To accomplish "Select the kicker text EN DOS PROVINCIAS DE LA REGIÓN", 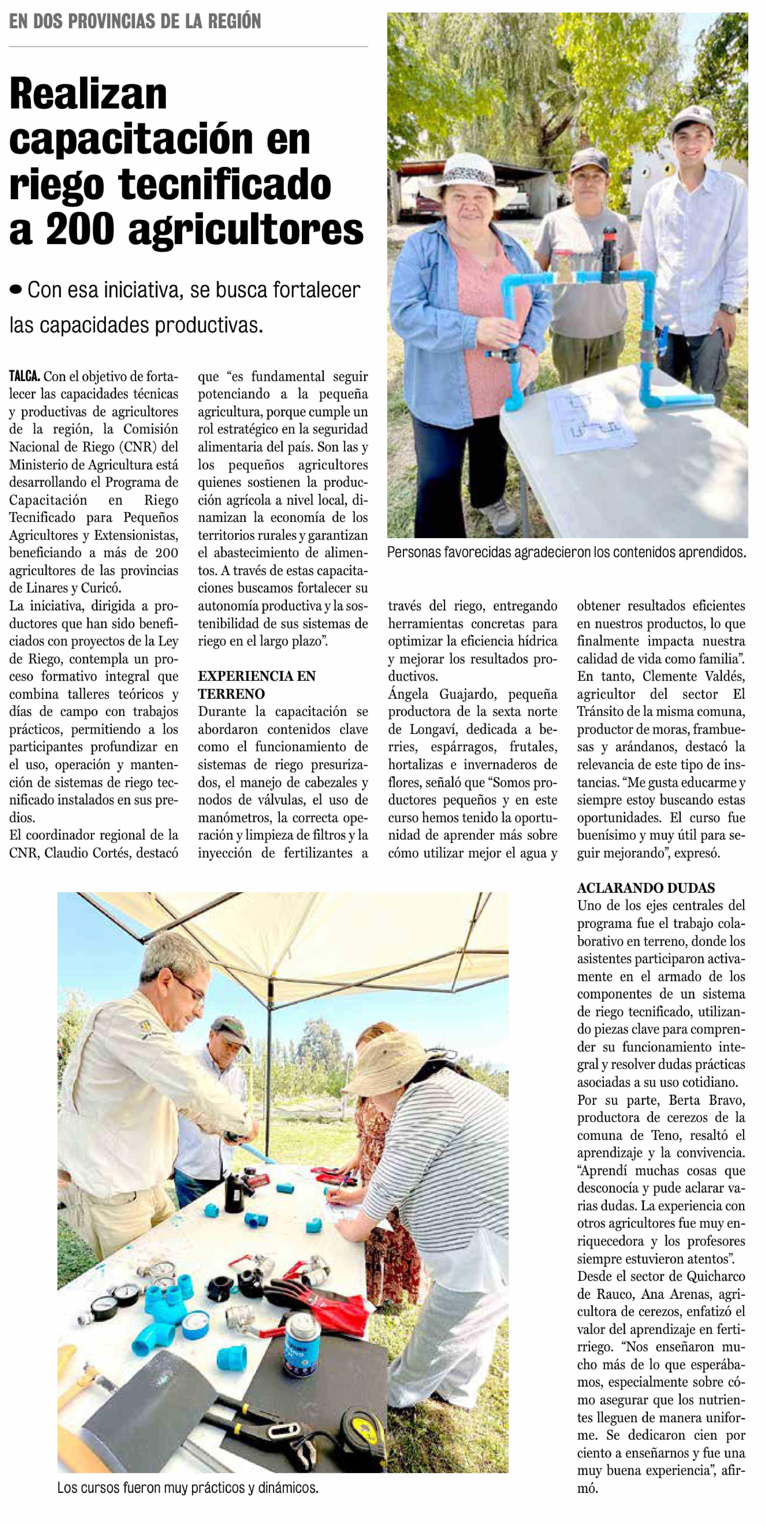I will pyautogui.click(x=135, y=22).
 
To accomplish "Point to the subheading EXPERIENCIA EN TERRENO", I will pyautogui.click(x=256, y=685).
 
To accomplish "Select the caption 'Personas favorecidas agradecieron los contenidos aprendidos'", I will pyautogui.click(x=566, y=552).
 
